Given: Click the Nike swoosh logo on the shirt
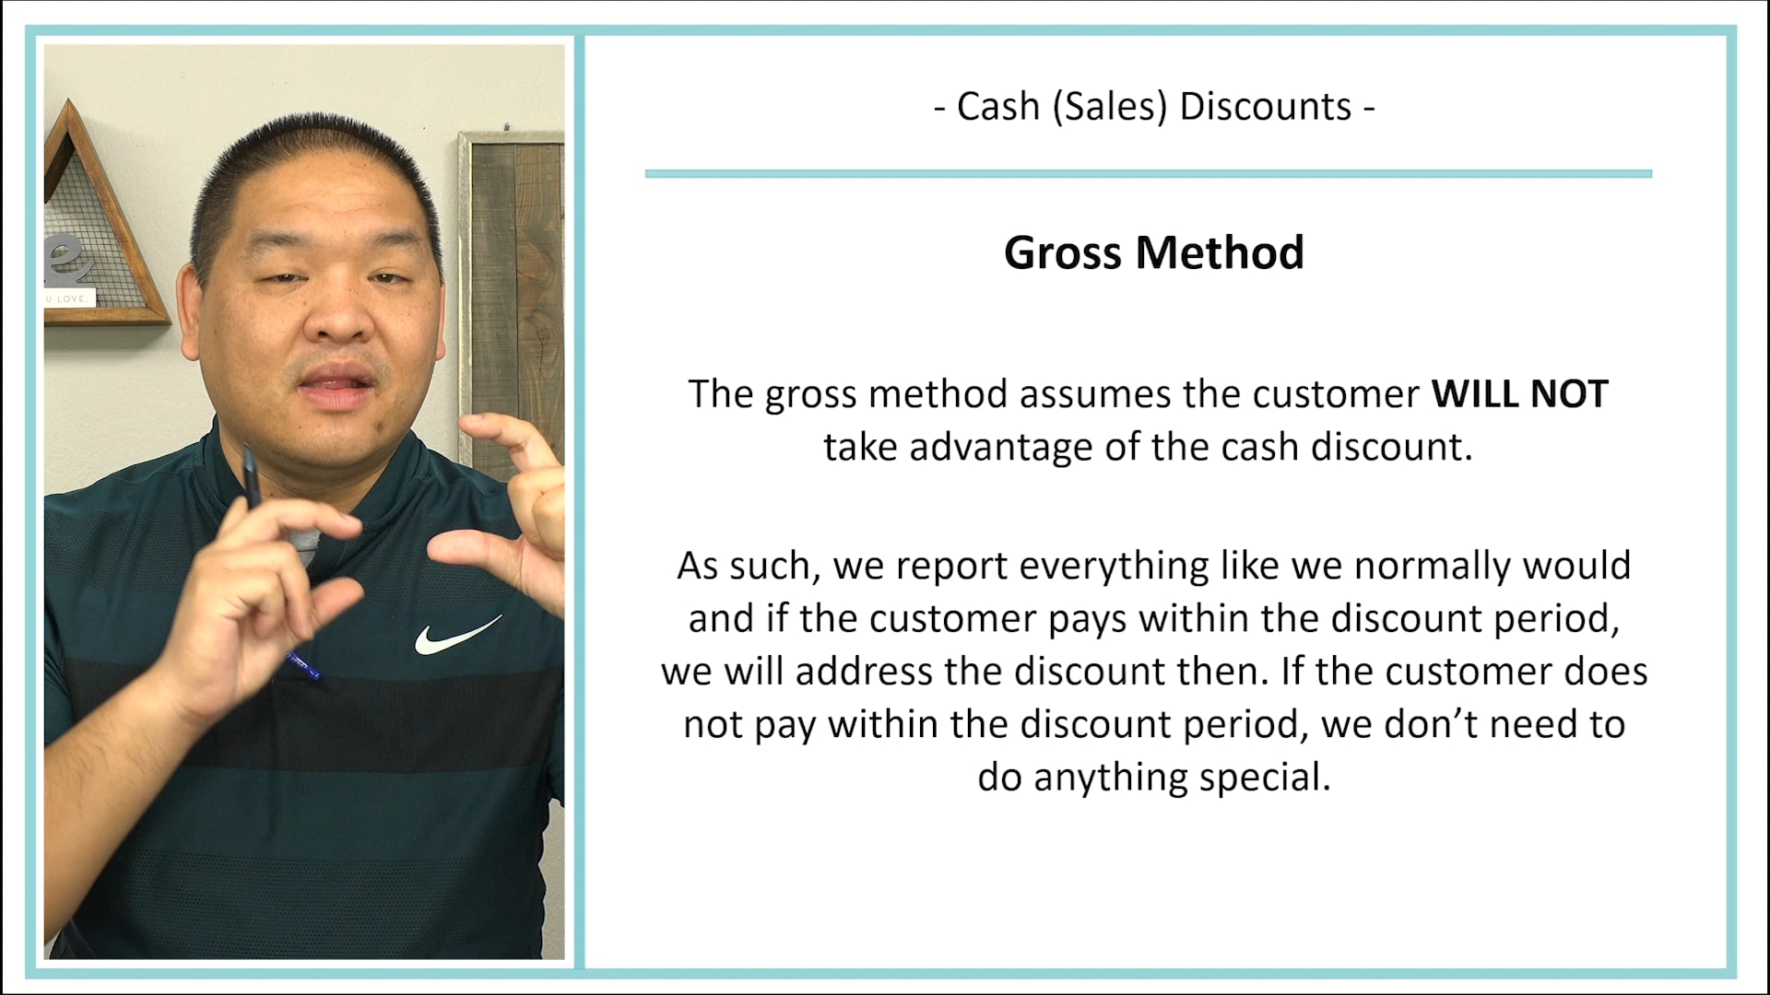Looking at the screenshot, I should click(x=455, y=636).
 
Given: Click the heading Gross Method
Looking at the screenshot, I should click(x=1153, y=252).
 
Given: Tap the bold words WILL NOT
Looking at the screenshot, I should click(x=1519, y=394).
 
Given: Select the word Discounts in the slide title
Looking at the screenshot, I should click(x=1265, y=107).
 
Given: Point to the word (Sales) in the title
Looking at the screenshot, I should click(x=1109, y=107).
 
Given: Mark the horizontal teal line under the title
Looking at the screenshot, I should click(x=1148, y=173).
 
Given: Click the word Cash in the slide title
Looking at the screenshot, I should click(x=997, y=107).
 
